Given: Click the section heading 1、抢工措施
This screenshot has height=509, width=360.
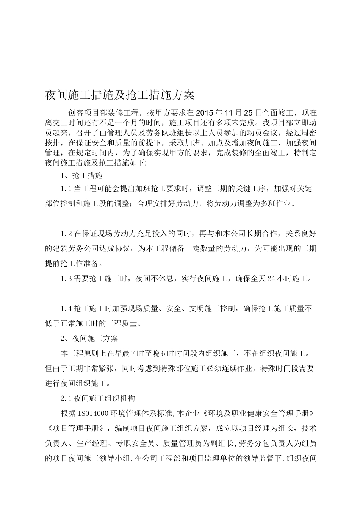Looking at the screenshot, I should (x=81, y=175).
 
